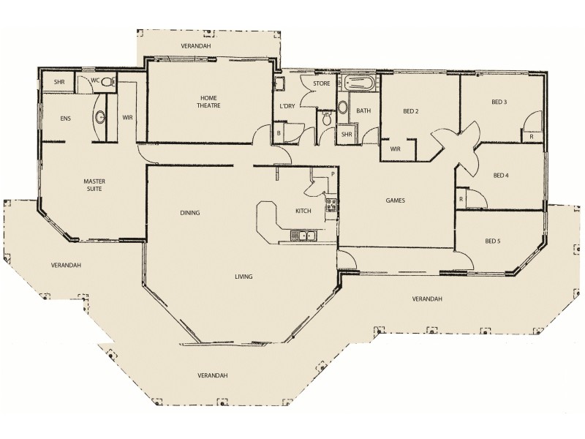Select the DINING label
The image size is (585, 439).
click(x=190, y=214)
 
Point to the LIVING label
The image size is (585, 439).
click(x=244, y=277)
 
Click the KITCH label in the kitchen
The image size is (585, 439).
click(x=303, y=211)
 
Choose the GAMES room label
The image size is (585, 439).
click(x=396, y=200)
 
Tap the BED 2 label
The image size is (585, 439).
click(x=410, y=112)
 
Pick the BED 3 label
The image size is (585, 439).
click(x=500, y=102)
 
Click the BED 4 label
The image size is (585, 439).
click(x=501, y=175)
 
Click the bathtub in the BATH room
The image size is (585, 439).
click(x=359, y=83)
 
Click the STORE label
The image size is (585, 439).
click(x=322, y=84)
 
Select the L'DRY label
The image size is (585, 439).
click(x=287, y=106)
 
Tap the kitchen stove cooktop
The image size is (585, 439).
click(x=331, y=206)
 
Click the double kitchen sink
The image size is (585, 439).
click(x=303, y=236)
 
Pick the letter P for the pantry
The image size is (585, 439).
click(x=332, y=174)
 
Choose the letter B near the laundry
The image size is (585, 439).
click(x=279, y=133)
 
